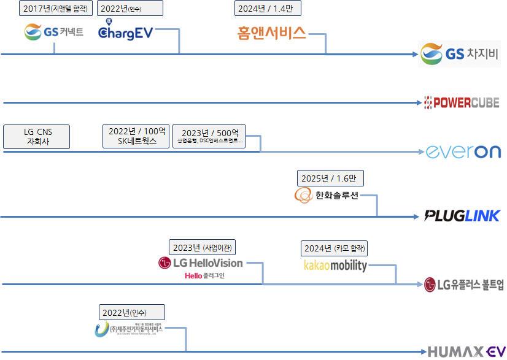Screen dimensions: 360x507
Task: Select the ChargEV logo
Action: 125,32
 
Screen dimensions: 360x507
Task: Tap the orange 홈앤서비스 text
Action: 271,33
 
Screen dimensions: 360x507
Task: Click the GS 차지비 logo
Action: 459,55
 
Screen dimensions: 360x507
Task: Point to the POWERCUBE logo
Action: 462,102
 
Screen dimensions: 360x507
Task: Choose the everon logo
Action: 463,151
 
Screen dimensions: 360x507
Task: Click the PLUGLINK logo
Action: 462,215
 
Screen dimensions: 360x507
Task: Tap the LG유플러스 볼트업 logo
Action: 463,284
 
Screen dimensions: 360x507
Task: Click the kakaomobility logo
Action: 335,266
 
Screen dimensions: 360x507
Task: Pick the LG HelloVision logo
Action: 201,263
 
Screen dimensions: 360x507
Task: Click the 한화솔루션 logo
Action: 327,196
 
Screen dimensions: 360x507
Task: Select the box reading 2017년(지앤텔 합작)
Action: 56,8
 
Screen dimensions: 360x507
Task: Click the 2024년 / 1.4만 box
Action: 268,8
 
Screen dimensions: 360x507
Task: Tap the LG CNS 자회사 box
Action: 37,136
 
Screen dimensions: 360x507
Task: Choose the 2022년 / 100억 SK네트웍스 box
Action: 136,136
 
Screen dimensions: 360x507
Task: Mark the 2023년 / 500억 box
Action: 209,134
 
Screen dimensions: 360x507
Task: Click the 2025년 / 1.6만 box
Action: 330,178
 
